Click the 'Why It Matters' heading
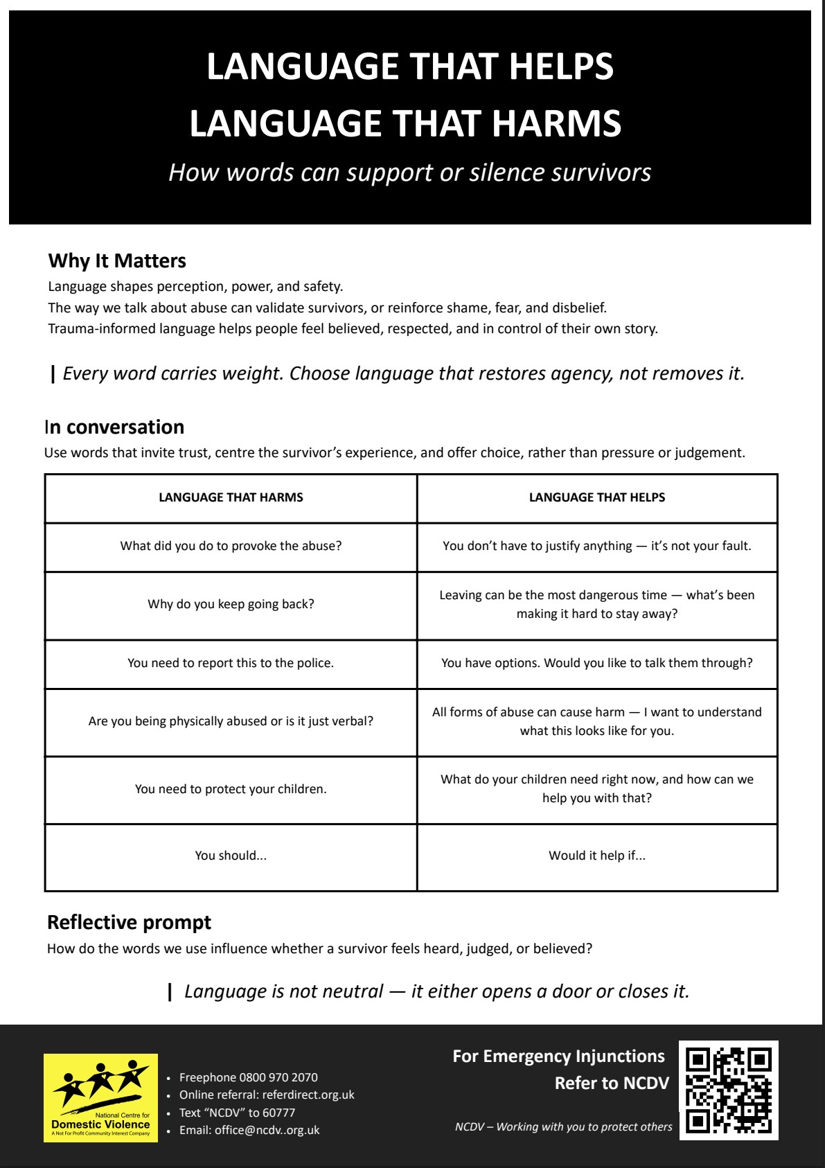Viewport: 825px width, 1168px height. (x=117, y=261)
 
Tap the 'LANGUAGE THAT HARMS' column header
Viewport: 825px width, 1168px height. (x=231, y=497)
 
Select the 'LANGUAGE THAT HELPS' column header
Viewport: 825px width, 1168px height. (x=596, y=497)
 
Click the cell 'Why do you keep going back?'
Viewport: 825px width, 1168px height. (x=231, y=604)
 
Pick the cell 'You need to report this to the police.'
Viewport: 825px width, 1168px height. (x=231, y=663)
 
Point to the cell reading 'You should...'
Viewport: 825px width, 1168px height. (x=231, y=856)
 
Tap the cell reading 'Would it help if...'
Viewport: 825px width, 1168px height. (x=596, y=856)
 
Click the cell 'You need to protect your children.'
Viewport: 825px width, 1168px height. (x=231, y=789)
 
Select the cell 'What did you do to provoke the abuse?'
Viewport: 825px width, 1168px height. (x=231, y=546)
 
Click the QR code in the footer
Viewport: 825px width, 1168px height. (x=728, y=1090)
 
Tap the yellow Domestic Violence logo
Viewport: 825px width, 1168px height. (x=100, y=1098)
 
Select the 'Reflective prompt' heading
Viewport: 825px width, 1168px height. (x=129, y=923)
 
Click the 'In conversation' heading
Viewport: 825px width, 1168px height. (x=114, y=427)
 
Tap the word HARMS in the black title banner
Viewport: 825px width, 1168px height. (x=556, y=123)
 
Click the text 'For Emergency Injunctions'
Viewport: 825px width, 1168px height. (x=558, y=1056)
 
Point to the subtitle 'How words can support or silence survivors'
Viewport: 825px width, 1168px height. (x=409, y=172)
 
